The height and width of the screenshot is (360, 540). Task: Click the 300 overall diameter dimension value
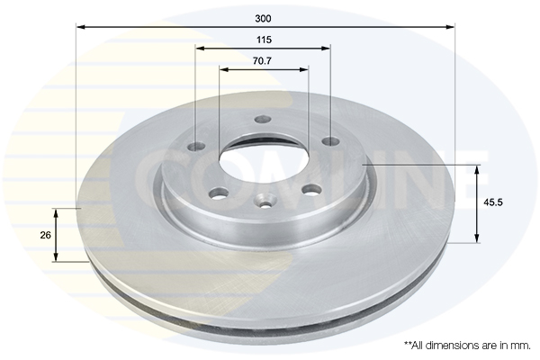[x=264, y=18]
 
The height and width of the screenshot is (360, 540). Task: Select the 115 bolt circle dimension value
[x=264, y=40]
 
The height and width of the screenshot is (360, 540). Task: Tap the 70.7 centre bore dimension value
[x=264, y=61]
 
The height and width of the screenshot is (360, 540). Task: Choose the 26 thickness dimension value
[x=44, y=235]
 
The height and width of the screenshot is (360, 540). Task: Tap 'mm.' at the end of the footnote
[x=520, y=346]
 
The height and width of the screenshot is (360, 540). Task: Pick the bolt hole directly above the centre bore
[x=263, y=120]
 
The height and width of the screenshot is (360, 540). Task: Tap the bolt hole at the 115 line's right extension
[x=329, y=141]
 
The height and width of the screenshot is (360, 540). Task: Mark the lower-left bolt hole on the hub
[x=218, y=193]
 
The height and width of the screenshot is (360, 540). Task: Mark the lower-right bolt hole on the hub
[x=311, y=189]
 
